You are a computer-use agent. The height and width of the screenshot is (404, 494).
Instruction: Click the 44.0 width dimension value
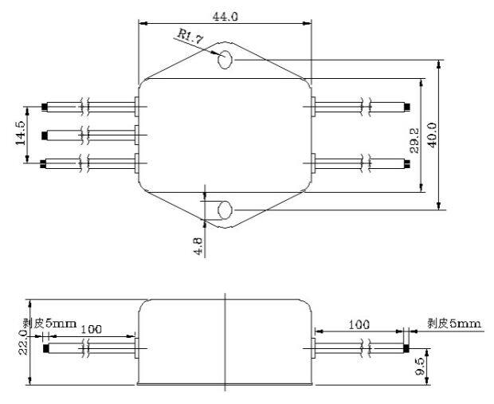pyautogui.click(x=225, y=17)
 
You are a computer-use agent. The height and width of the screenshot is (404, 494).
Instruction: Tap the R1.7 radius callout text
pyautogui.click(x=190, y=37)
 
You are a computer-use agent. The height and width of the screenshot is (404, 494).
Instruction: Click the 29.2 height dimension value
pyautogui.click(x=414, y=140)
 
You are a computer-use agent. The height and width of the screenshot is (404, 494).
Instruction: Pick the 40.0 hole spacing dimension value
pyautogui.click(x=432, y=135)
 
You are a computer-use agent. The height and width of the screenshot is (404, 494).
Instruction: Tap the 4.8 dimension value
pyautogui.click(x=198, y=246)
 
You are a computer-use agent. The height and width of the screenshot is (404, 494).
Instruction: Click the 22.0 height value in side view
pyautogui.click(x=23, y=343)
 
